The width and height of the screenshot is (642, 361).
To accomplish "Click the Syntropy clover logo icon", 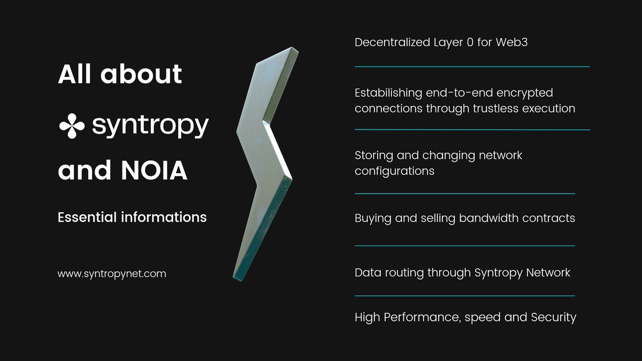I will click(72, 126).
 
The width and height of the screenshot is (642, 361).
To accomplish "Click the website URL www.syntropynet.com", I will click(112, 274).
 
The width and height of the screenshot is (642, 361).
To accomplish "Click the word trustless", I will click(500, 108).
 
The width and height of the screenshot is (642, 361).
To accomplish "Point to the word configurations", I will click(394, 171).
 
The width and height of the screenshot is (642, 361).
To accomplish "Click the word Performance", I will click(418, 317).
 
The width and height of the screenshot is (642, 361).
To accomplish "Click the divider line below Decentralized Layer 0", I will click(472, 67).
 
